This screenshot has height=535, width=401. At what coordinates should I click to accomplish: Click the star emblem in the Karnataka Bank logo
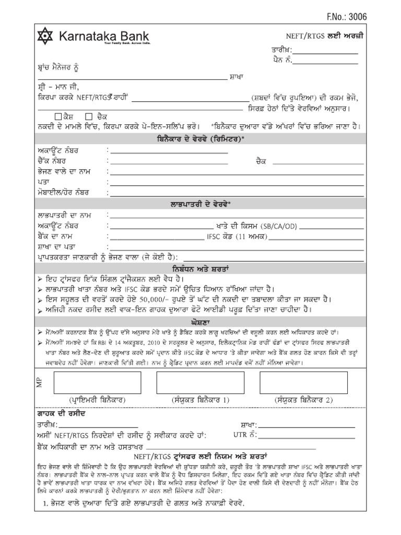click(x=45, y=37)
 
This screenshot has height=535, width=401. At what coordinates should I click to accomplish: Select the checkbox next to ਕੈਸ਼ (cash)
click(x=57, y=116)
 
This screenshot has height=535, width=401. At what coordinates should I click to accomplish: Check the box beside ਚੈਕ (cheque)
click(x=89, y=116)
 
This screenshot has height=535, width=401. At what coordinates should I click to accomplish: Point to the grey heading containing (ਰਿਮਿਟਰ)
click(x=200, y=139)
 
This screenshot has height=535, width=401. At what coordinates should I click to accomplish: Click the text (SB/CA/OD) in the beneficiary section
click(x=289, y=226)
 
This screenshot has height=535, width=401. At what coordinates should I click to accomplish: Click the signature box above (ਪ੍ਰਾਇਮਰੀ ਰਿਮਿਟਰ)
click(x=88, y=375)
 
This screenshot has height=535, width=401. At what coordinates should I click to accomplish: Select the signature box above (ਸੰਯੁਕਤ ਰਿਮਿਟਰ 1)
click(x=200, y=375)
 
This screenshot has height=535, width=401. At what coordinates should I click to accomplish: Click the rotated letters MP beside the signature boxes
click(x=38, y=383)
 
